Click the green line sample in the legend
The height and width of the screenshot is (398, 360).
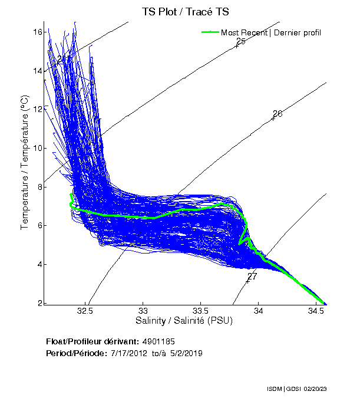pyautogui.click(x=210, y=32)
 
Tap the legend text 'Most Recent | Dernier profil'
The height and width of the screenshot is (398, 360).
pyautogui.click(x=271, y=32)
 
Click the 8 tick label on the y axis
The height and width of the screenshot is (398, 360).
pyautogui.click(x=39, y=187)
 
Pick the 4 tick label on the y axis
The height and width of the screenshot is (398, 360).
pyautogui.click(x=39, y=264)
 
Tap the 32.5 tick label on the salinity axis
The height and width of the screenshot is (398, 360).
pyautogui.click(x=85, y=311)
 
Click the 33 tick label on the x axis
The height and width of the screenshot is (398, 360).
pyautogui.click(x=143, y=311)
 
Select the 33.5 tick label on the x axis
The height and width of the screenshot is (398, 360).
pyautogui.click(x=200, y=311)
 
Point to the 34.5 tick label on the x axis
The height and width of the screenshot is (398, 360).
pyautogui.click(x=316, y=311)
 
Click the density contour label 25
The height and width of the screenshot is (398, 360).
pyautogui.click(x=240, y=41)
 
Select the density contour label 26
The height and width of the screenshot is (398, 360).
pyautogui.click(x=278, y=113)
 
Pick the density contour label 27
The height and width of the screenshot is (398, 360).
pyautogui.click(x=252, y=276)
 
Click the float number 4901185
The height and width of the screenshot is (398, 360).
pyautogui.click(x=158, y=341)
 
